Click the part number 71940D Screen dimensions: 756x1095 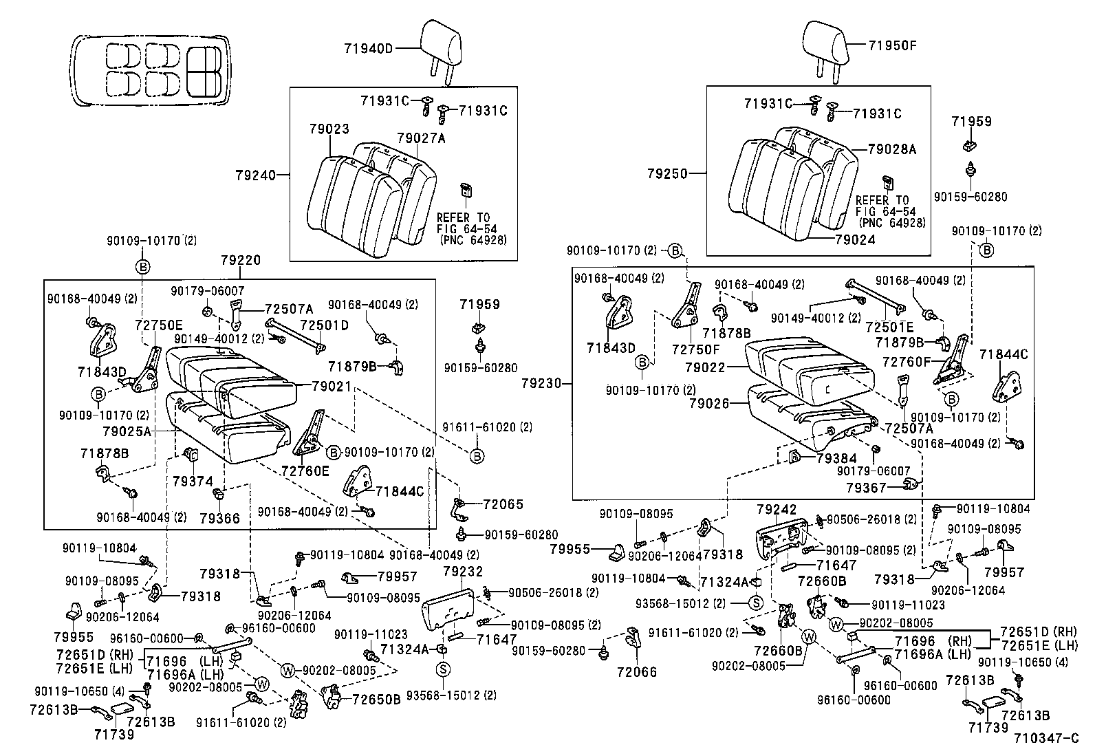368,48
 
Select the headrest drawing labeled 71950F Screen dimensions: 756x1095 827,43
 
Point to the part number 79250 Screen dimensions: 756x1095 666,175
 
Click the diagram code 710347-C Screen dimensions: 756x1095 1046,739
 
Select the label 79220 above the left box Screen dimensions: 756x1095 241,261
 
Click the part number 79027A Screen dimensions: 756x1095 421,138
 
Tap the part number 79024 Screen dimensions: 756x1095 855,240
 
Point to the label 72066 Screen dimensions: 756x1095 636,672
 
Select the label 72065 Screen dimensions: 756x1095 503,504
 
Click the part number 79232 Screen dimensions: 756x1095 463,571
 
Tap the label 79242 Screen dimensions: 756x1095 777,510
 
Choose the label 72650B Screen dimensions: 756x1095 376,700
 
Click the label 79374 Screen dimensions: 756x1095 193,482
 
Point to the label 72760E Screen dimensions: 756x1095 305,471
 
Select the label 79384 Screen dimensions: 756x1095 836,458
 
